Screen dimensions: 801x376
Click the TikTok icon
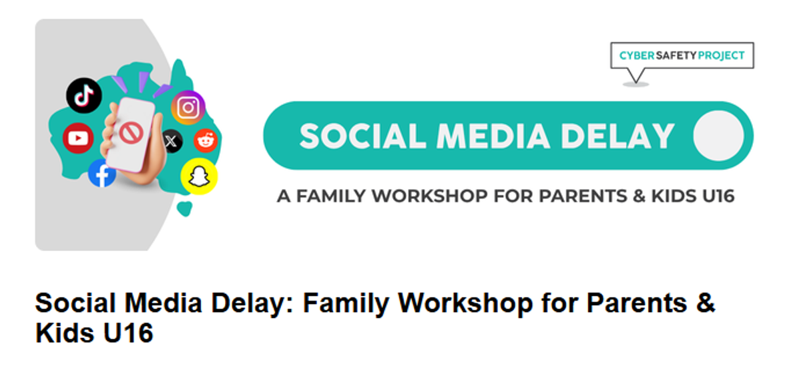coord(84,96)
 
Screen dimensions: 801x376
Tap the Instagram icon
coord(188,108)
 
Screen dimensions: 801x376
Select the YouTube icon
coord(78,138)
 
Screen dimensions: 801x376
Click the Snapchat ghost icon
coord(199,176)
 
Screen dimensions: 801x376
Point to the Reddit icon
coord(206,141)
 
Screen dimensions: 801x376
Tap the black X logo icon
coord(172,141)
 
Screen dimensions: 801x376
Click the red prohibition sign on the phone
coord(131,133)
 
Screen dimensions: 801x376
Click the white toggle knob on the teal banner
coord(718,136)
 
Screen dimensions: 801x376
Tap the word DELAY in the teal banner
coord(617,136)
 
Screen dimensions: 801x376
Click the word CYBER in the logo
coord(637,55)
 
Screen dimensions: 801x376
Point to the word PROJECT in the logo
coord(722,55)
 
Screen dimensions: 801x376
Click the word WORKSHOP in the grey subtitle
coord(430,196)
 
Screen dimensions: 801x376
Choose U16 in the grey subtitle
coord(718,196)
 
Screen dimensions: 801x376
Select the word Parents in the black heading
coord(637,303)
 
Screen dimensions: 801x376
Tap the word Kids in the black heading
coord(67,333)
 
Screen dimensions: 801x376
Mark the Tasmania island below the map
coord(184,208)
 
